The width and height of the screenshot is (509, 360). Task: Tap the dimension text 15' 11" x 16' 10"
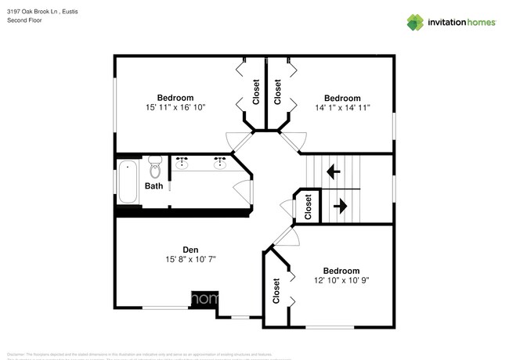pyautogui.click(x=175, y=107)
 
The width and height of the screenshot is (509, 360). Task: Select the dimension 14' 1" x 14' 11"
pyautogui.click(x=342, y=107)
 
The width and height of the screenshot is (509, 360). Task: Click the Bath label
pyautogui.click(x=154, y=186)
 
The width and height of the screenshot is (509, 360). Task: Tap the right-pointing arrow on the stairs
pyautogui.click(x=341, y=206)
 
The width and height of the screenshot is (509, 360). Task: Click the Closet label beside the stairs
pyautogui.click(x=308, y=206)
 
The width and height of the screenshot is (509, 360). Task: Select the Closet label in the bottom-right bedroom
pyautogui.click(x=276, y=290)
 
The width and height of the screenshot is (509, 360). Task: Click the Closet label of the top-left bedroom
pyautogui.click(x=256, y=92)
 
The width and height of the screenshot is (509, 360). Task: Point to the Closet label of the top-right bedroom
pyautogui.click(x=277, y=92)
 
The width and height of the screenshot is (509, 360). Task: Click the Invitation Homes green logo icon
pyautogui.click(x=414, y=22)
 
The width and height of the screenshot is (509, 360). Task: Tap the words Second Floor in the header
pyautogui.click(x=25, y=20)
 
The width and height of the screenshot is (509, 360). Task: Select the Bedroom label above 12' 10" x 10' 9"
pyautogui.click(x=342, y=270)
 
